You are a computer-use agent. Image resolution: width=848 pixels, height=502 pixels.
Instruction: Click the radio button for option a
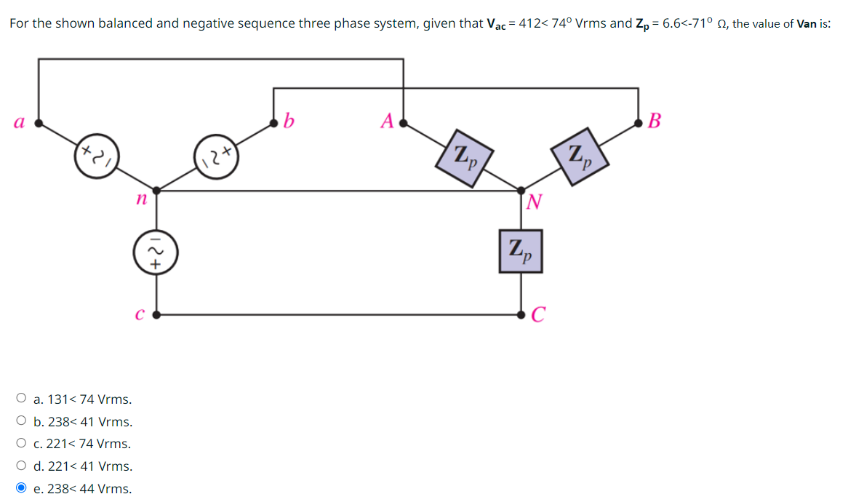21,399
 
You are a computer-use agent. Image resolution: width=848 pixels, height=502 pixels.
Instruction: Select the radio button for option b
21,421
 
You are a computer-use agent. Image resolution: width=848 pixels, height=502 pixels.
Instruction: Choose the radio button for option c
21,444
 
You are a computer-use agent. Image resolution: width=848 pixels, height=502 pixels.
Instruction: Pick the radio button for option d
21,466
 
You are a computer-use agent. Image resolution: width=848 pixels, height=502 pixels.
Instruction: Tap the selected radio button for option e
21,488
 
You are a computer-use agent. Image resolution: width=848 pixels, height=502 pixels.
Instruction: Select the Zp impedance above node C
521,251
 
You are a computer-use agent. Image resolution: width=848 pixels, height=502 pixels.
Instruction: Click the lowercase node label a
17,123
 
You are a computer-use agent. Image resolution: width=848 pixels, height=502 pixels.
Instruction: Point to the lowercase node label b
289,120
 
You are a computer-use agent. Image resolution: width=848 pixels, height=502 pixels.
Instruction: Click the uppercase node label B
654,120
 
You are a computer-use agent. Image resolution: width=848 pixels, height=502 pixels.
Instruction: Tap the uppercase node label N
535,202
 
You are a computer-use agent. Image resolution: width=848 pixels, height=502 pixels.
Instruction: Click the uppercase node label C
537,314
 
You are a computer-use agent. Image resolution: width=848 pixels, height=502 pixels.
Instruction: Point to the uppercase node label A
388,120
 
